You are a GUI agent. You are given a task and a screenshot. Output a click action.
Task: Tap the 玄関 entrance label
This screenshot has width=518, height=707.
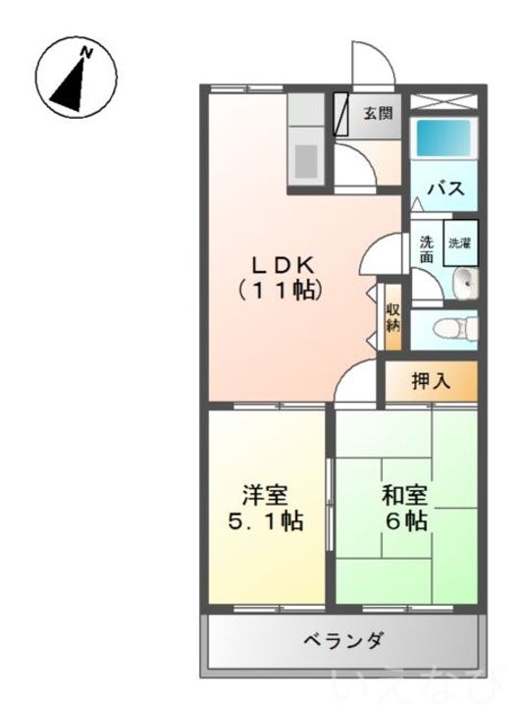378,112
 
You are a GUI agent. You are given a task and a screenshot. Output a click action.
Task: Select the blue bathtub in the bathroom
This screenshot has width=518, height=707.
440,138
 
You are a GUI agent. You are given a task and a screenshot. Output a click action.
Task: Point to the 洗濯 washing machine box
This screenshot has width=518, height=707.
459,243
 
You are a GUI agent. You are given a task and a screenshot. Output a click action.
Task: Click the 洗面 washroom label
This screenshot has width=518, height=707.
427,248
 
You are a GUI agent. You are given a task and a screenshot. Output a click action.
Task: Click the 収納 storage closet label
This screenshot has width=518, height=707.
392,317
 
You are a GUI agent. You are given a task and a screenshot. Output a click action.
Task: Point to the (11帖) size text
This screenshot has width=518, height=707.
279,291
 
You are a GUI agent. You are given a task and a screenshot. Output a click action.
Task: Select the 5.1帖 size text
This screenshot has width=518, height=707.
266,521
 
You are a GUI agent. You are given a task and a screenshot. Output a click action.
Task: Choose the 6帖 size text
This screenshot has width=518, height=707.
405,521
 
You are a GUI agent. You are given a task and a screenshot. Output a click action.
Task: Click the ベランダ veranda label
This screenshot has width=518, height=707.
342,640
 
